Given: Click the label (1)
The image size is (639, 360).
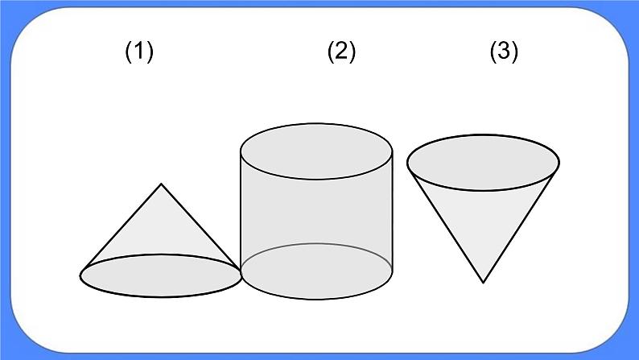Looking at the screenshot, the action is tap(138, 52).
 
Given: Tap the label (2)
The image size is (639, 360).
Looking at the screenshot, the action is tap(340, 52).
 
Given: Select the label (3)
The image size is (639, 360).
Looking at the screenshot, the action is tap(504, 52).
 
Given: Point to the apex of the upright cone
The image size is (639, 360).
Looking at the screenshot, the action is tap(162, 184).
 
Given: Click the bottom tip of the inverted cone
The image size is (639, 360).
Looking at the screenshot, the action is tap(483, 282).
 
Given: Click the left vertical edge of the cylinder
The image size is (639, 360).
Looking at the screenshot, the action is tap(241, 209).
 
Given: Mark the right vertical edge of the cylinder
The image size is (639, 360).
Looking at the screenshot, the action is tap(392, 209).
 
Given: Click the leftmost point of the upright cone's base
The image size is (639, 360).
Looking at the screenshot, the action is tap(80, 275).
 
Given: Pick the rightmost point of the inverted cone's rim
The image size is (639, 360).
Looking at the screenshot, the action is tap(559, 163).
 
